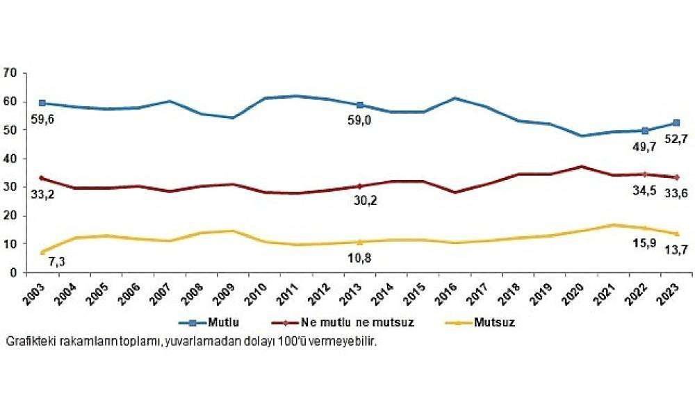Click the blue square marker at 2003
42,103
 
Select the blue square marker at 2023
677,123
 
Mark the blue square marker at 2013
360,105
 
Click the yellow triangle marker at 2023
677,233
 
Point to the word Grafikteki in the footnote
24,342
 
